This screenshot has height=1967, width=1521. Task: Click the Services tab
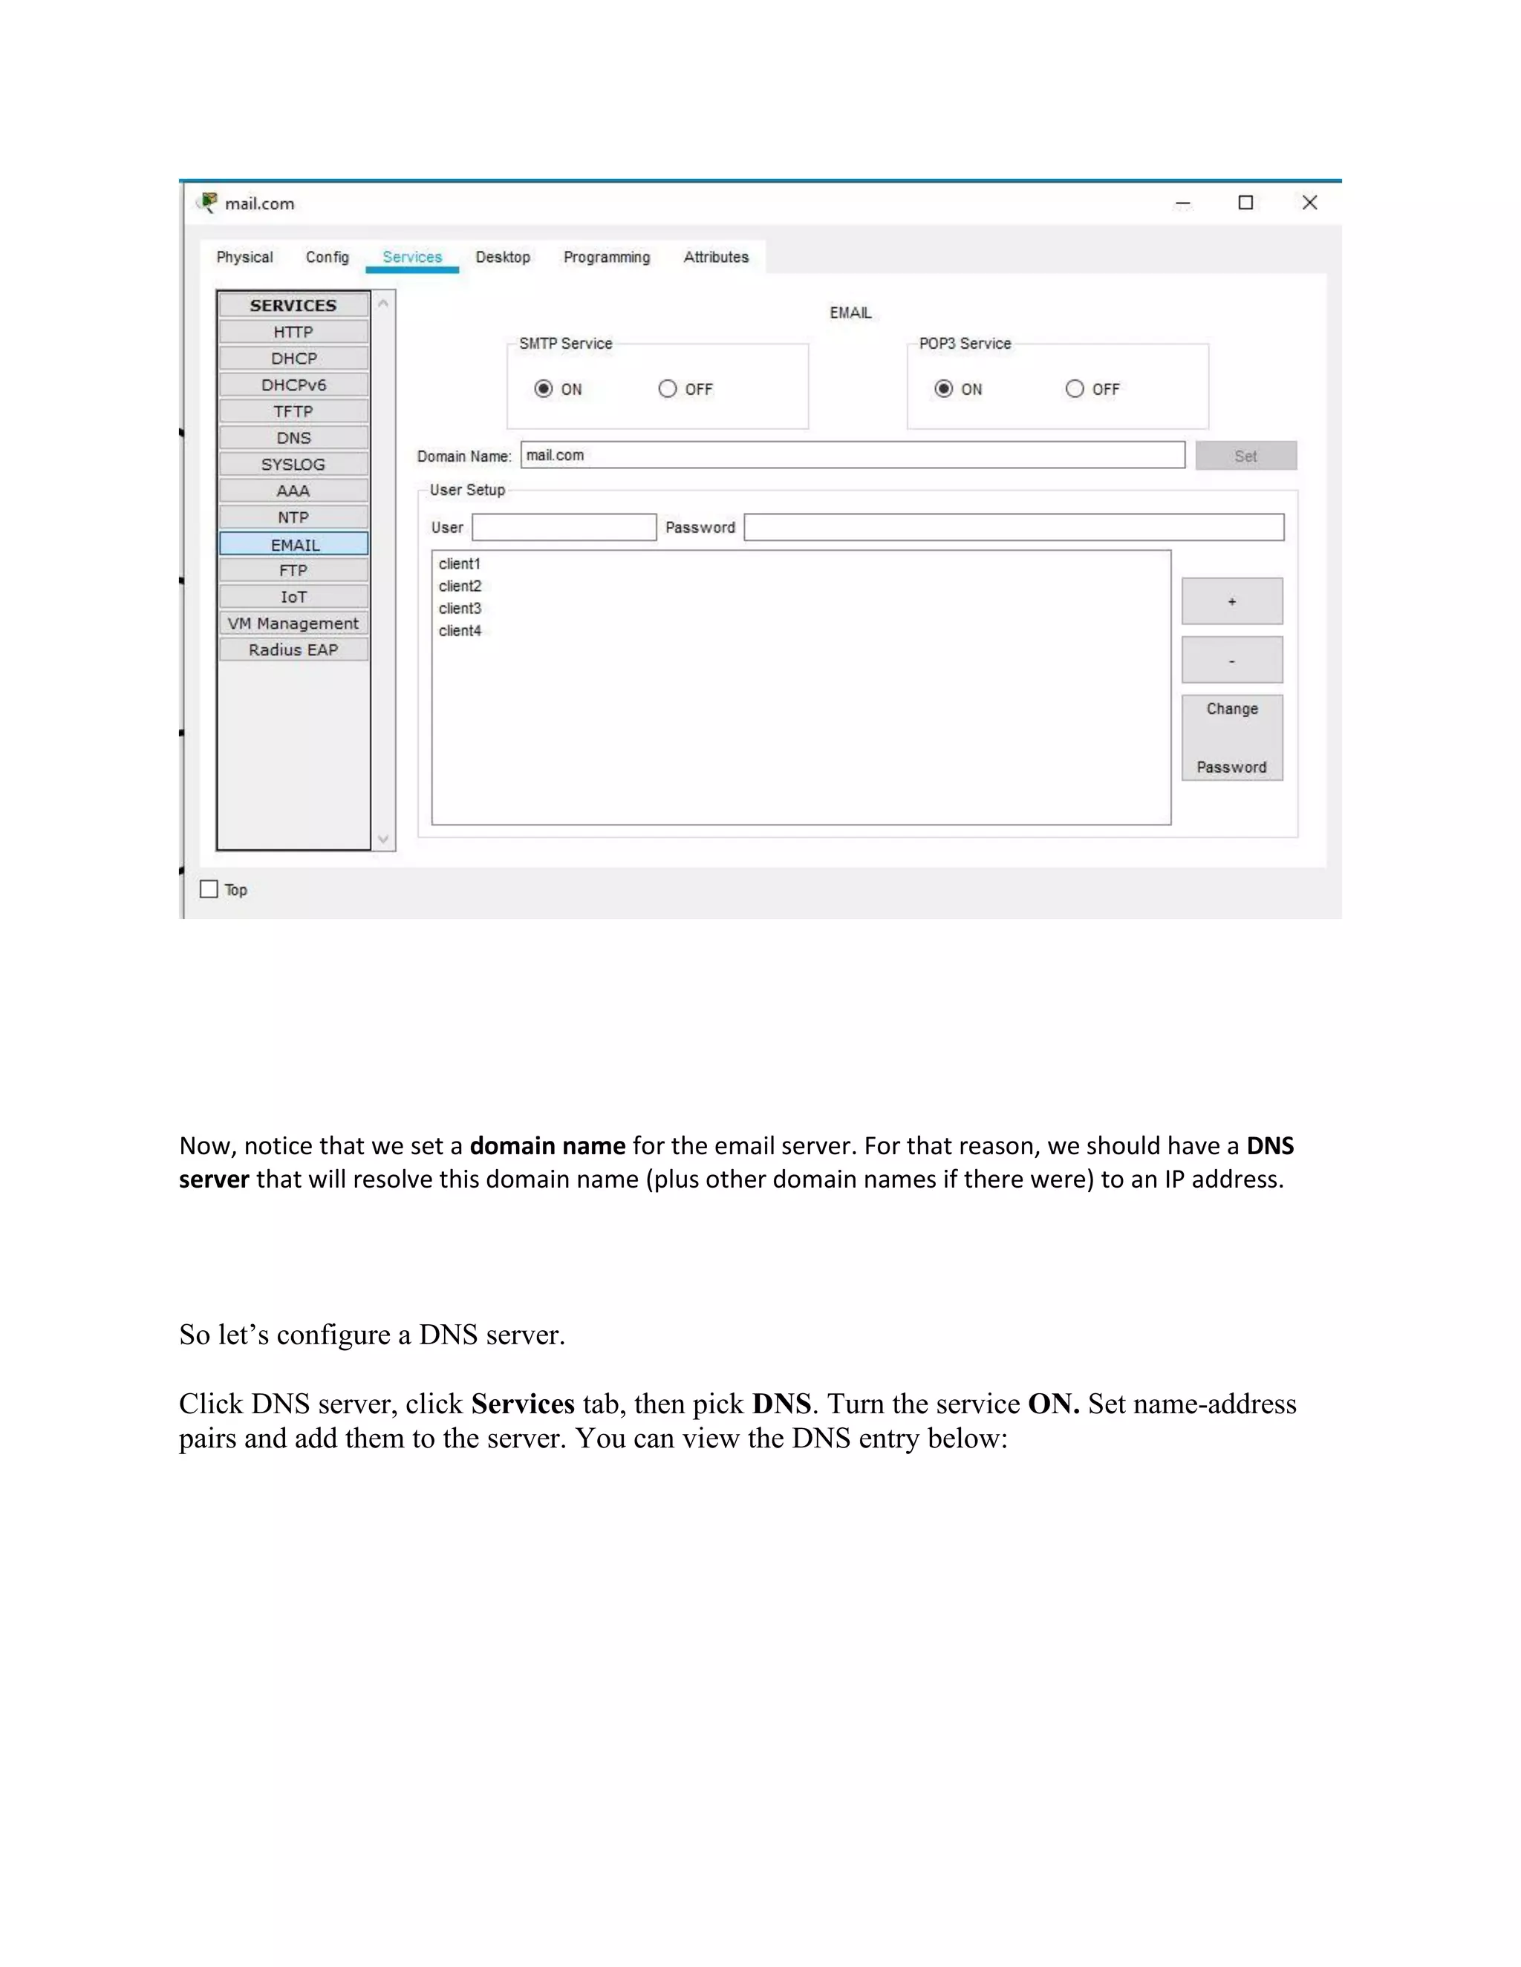[411, 258]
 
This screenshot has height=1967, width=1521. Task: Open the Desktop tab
[503, 258]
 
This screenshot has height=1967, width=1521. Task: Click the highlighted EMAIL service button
[294, 544]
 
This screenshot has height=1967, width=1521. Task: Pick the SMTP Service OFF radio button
[668, 389]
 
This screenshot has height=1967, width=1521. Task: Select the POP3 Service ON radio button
[943, 389]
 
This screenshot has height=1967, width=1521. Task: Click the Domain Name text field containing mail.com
[852, 456]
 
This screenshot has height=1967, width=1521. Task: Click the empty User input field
[564, 528]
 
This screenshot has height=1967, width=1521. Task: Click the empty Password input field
[1014, 528]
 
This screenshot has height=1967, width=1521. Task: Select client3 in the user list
[460, 609]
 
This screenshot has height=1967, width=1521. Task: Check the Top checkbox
[209, 890]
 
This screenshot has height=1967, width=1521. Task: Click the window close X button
[1309, 203]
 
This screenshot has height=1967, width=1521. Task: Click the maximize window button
[1245, 203]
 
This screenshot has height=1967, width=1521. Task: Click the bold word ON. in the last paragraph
[1053, 1405]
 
